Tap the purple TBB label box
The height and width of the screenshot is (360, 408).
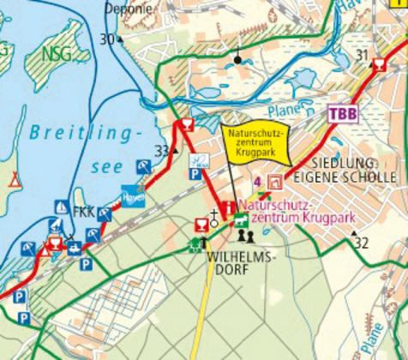click(341, 114)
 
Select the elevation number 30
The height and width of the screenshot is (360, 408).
click(106, 39)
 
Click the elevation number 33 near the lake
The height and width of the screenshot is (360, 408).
click(161, 152)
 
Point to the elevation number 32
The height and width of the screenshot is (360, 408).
click(362, 244)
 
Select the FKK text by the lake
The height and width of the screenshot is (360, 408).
click(83, 210)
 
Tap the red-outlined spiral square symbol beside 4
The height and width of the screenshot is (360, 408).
click(274, 182)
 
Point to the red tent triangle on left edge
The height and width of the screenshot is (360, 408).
click(12, 179)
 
